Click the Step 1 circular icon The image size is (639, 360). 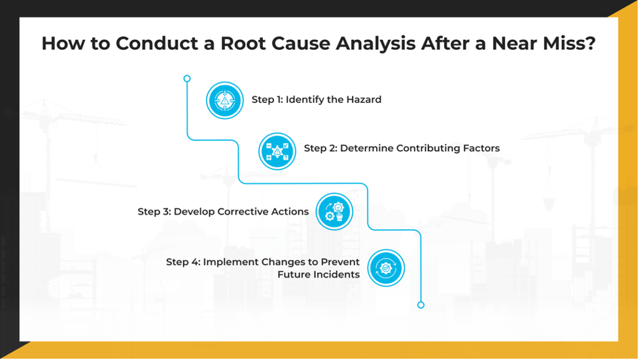point(224,100)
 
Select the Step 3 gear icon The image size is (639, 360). point(334,211)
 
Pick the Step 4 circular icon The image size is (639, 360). point(386,268)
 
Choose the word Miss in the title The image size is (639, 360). point(574,45)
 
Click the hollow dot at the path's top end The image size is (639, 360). point(187,79)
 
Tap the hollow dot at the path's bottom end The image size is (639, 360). point(421,305)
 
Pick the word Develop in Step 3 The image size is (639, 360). point(194,212)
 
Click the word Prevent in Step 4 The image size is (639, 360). point(339,262)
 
